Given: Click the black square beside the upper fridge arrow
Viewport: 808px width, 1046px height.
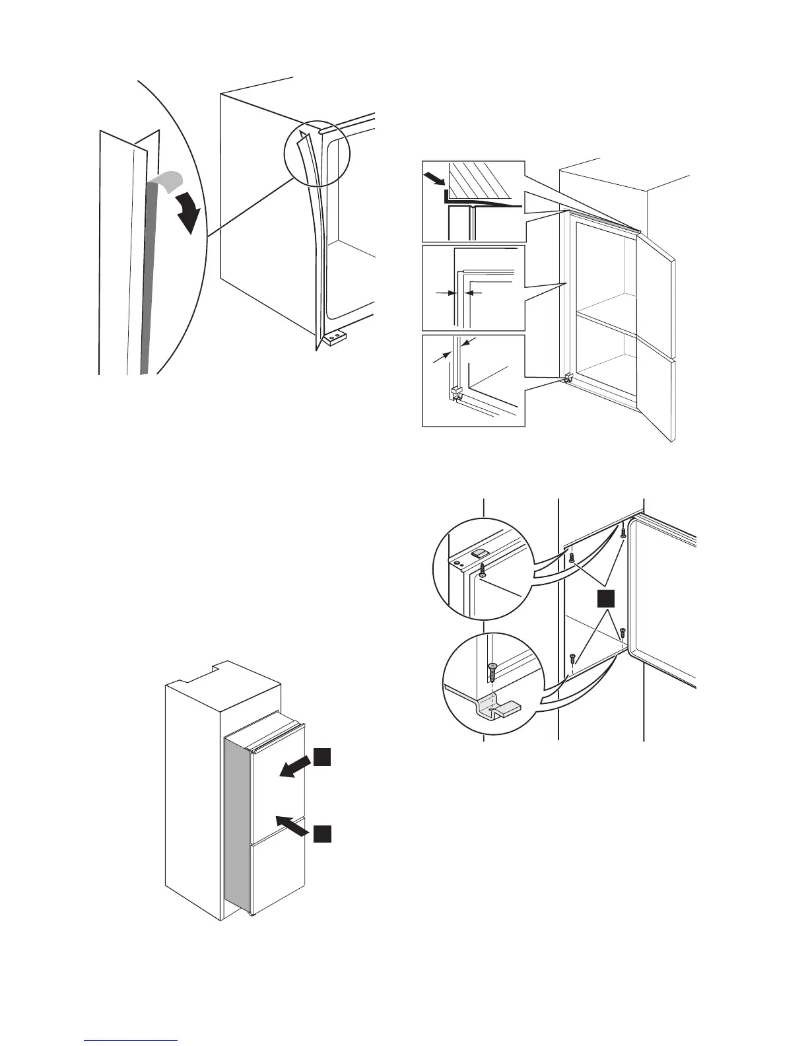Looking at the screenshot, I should [321, 757].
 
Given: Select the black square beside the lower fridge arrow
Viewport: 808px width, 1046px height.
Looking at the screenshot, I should [321, 834].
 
